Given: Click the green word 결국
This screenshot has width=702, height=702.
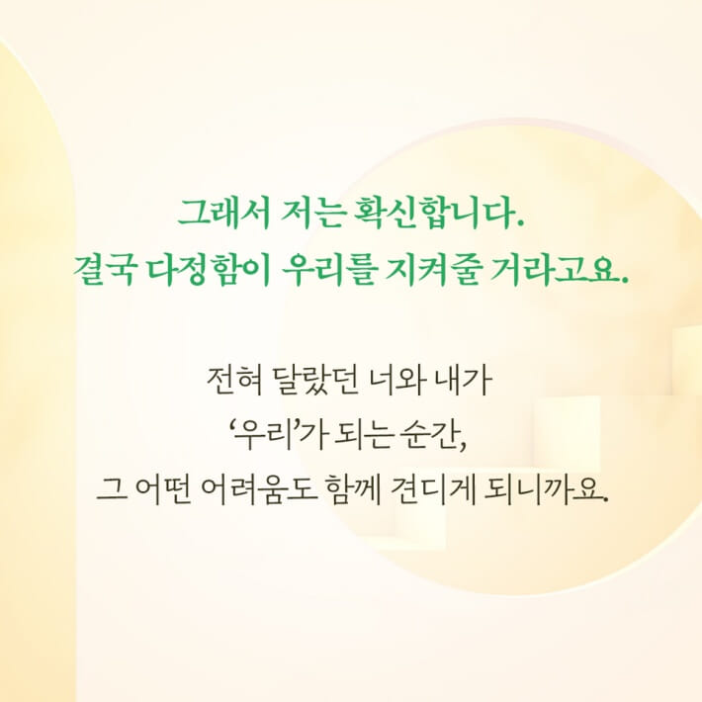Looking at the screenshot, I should pyautogui.click(x=104, y=268).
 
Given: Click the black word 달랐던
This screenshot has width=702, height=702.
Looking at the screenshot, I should pyautogui.click(x=308, y=379).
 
